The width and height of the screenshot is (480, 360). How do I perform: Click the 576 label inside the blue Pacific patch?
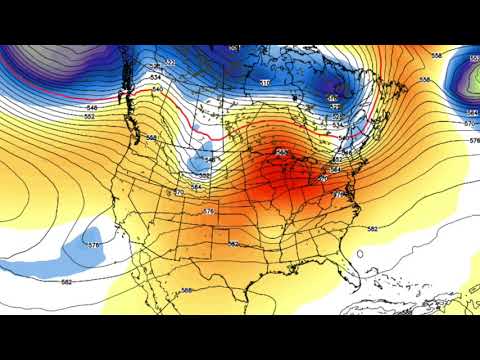[x=93, y=245]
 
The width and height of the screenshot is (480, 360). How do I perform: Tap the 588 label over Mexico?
[x=187, y=291]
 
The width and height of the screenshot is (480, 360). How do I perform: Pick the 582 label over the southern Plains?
[x=233, y=243]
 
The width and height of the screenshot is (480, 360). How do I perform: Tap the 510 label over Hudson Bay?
[x=264, y=82]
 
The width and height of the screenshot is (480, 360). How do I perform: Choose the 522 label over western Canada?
[x=170, y=63]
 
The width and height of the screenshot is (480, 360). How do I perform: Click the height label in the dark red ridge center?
[x=282, y=152]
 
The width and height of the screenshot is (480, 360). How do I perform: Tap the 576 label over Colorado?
[x=209, y=211]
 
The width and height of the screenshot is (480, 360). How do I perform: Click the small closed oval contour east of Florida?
[x=358, y=254]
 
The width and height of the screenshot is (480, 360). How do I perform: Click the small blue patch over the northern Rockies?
[x=205, y=157]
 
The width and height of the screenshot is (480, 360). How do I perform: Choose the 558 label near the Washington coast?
[x=151, y=137]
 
